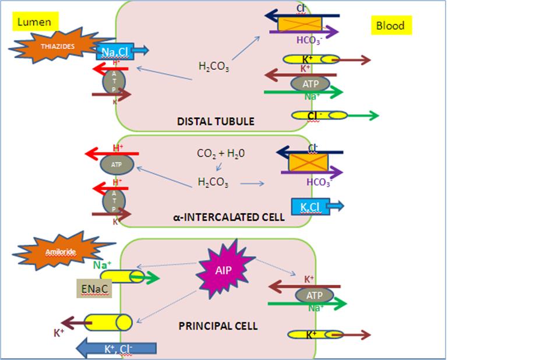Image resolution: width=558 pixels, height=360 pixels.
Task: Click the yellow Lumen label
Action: [34, 22]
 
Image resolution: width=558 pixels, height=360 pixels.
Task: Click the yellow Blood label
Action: [390, 26]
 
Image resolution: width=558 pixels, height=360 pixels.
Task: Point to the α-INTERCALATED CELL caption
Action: [229, 217]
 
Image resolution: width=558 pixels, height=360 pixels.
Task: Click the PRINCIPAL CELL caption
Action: [218, 326]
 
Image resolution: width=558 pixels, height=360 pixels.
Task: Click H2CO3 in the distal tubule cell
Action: [213, 67]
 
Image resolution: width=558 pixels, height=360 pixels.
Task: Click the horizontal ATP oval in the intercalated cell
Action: [115, 164]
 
